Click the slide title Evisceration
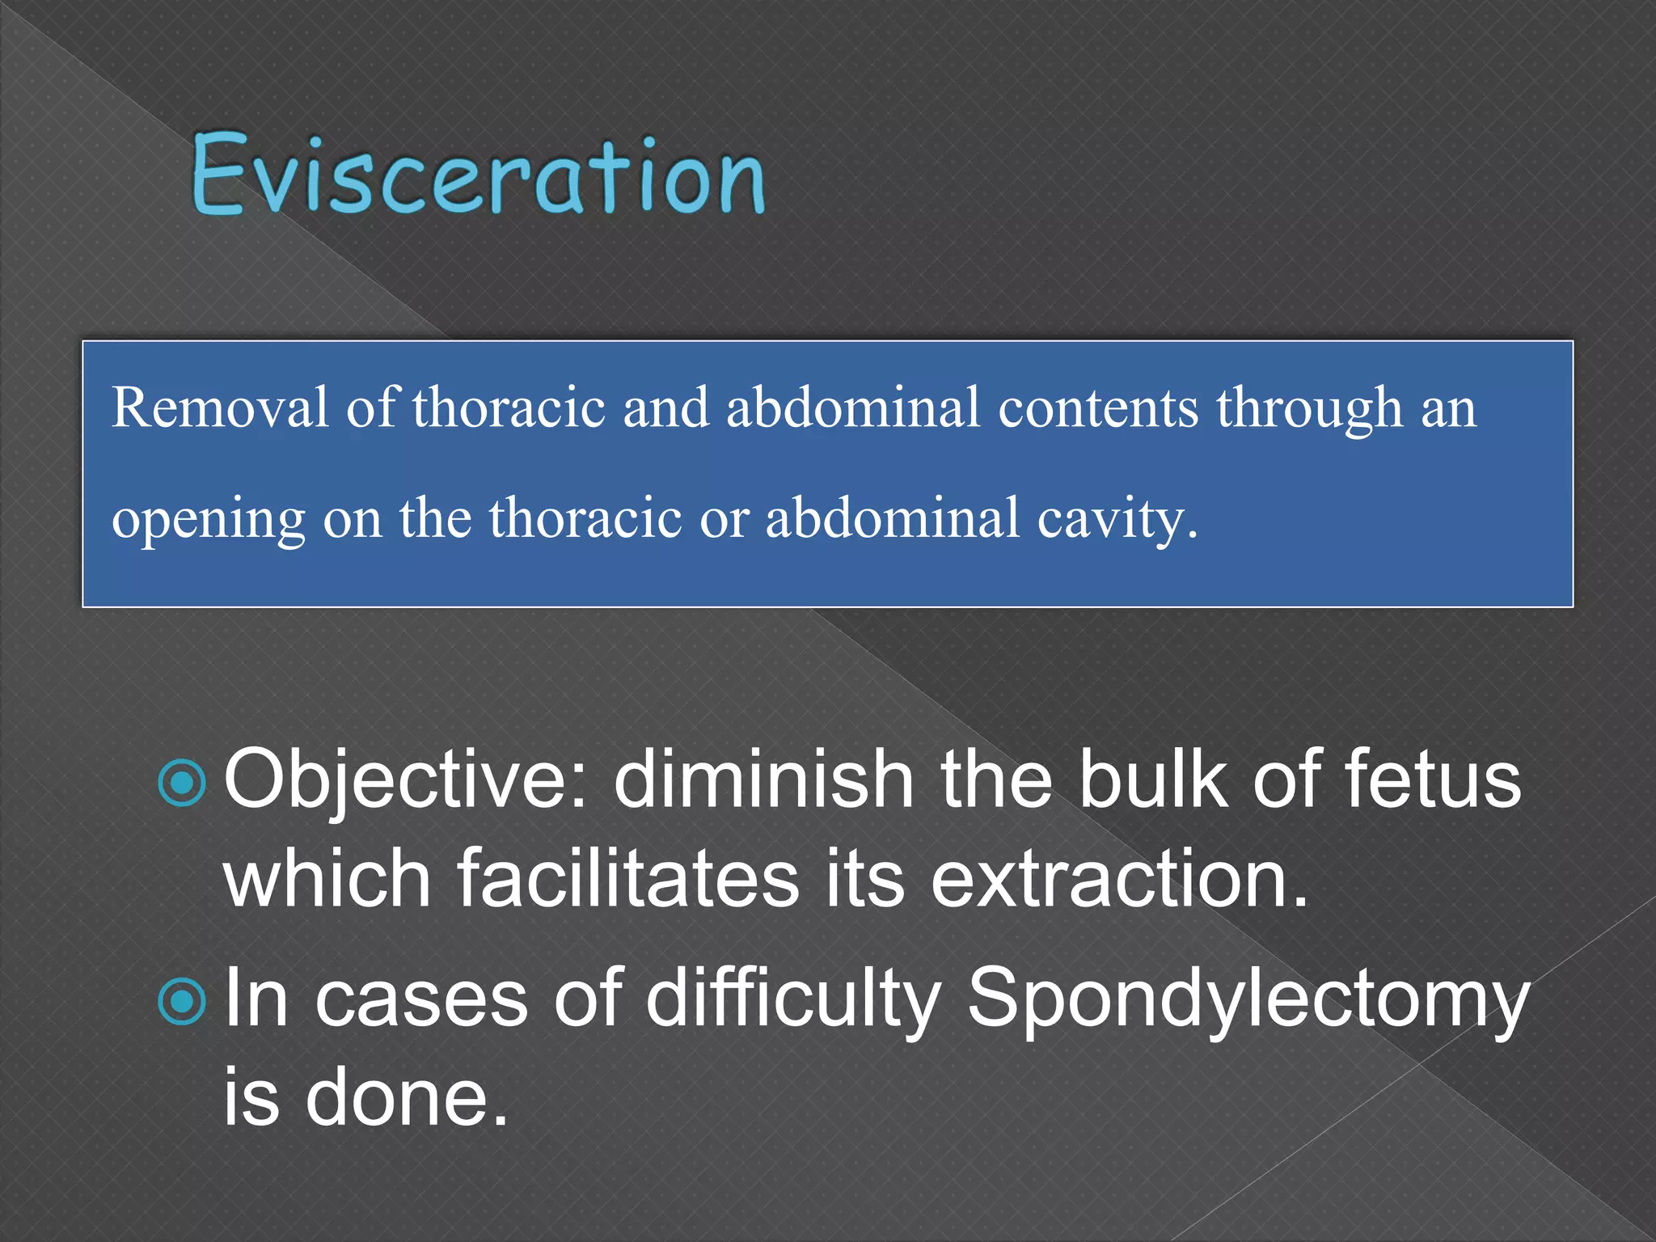point(477,175)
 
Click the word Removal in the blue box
point(219,408)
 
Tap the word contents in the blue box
point(1097,408)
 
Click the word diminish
point(763,780)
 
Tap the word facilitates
point(628,879)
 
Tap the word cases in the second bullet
point(420,1001)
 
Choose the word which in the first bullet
point(327,879)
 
